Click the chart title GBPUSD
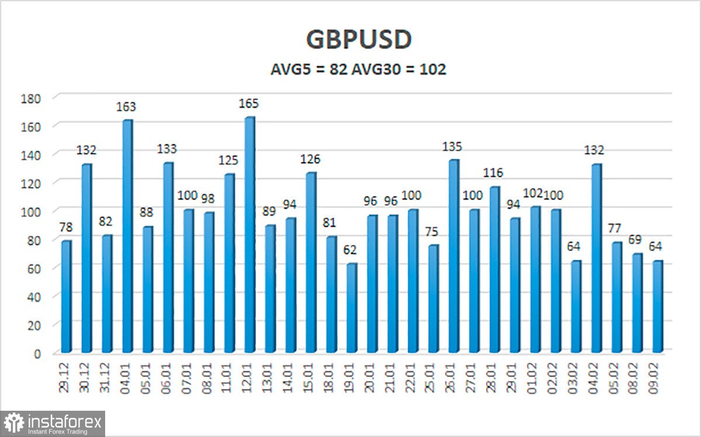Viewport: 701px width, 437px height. pyautogui.click(x=359, y=40)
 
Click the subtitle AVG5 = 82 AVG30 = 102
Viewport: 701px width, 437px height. pyautogui.click(x=358, y=70)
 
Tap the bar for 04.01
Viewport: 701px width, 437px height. pyautogui.click(x=127, y=236)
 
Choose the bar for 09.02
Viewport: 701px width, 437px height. pyautogui.click(x=658, y=306)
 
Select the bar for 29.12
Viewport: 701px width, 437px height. pyautogui.click(x=66, y=296)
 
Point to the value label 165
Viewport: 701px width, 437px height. pyautogui.click(x=248, y=104)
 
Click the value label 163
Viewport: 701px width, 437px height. pyautogui.click(x=126, y=107)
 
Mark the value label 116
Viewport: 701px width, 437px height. pyautogui.click(x=493, y=173)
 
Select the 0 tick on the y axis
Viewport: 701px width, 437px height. pyautogui.click(x=36, y=353)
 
